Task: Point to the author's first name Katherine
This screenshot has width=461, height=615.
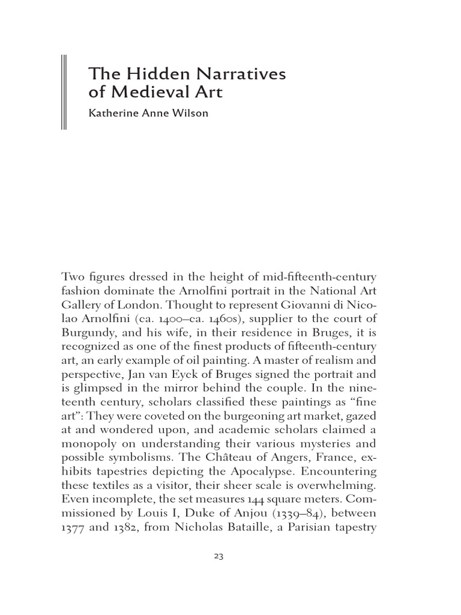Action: tap(112, 114)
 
